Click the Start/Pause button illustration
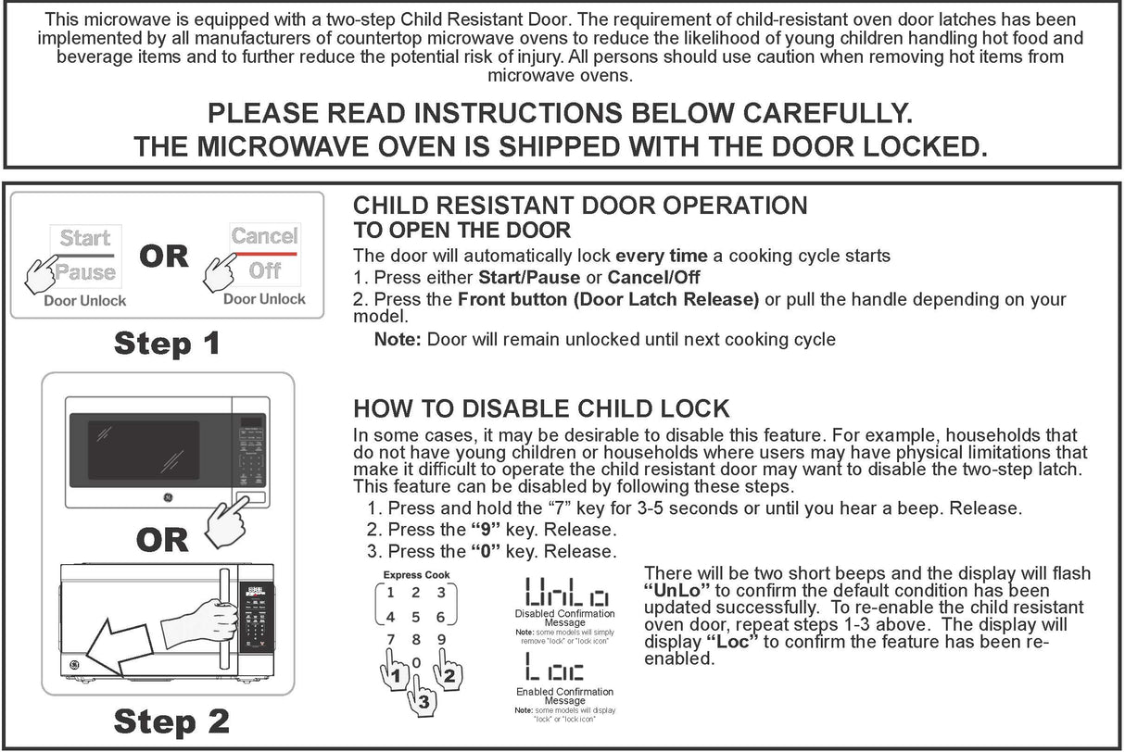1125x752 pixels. point(84,254)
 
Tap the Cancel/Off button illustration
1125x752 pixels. point(264,252)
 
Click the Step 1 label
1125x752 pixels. point(167,344)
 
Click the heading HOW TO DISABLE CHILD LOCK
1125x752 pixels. point(541,408)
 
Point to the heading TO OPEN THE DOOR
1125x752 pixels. point(461,231)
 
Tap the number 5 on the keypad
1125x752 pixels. point(416,617)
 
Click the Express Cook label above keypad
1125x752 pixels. point(416,575)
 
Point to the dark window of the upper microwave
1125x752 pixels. point(143,450)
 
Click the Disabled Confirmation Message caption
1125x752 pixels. point(564,618)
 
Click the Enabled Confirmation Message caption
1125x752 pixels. point(564,696)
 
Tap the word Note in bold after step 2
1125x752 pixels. point(398,340)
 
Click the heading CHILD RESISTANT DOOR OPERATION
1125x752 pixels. point(580,206)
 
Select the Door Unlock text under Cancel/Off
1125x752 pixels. point(264,299)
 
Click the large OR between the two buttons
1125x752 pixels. point(164,257)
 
